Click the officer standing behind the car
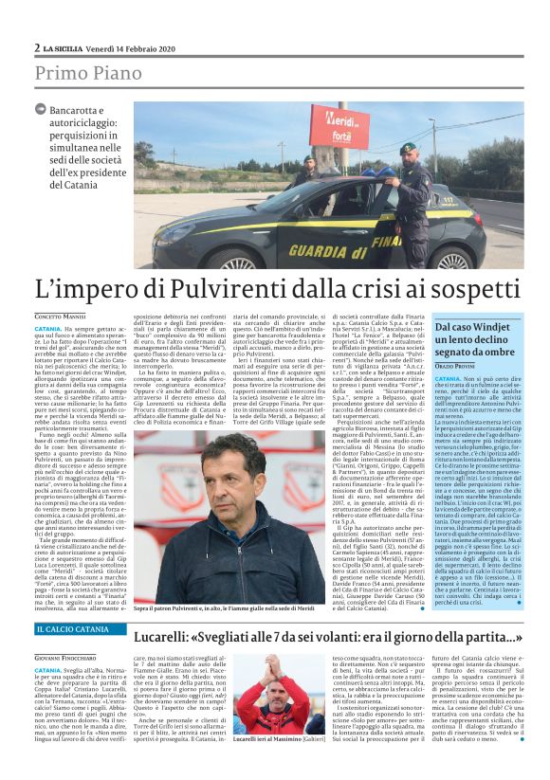(x=306, y=172)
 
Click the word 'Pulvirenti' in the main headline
(x=227, y=290)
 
